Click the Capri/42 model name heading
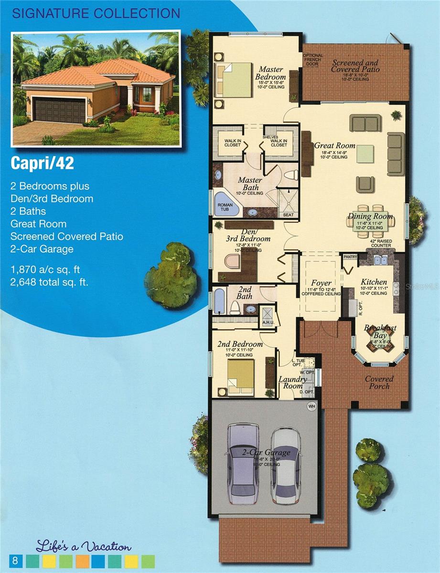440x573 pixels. point(43,163)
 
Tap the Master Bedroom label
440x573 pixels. point(270,73)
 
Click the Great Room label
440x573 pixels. point(334,146)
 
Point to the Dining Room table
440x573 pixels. point(371,221)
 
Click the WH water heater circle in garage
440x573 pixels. point(312,406)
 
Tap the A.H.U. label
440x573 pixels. point(267,322)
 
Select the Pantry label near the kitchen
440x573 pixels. point(350,257)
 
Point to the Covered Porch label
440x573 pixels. point(379,382)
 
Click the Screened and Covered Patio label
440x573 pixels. point(355,66)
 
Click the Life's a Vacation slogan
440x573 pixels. point(83,546)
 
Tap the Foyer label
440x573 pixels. point(321,283)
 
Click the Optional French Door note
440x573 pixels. point(313,61)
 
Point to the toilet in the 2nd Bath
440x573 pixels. point(235,306)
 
